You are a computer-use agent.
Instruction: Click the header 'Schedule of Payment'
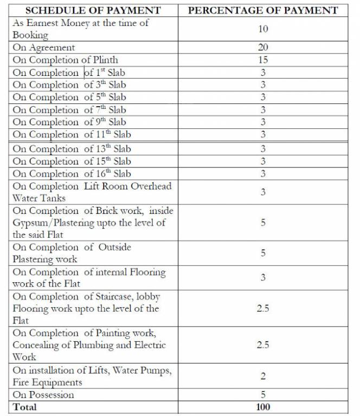(93, 10)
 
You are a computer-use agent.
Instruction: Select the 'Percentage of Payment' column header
(262, 10)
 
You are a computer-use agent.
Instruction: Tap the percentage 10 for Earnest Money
(263, 29)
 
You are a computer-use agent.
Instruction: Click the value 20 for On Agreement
(263, 48)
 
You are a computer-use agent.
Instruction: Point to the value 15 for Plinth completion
(263, 60)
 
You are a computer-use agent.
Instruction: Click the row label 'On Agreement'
(44, 48)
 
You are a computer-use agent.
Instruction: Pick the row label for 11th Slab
(72, 134)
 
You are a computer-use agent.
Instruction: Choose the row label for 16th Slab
(72, 174)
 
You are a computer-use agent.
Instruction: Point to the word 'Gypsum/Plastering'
(51, 223)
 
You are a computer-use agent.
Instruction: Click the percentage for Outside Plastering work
(263, 253)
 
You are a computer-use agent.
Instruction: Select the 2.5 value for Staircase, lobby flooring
(263, 308)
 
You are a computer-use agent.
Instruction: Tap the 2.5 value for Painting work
(263, 344)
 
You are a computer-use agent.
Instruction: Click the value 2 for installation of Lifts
(263, 376)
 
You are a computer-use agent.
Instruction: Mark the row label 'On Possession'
(43, 395)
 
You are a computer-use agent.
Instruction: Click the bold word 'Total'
(25, 407)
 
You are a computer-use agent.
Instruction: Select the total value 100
(263, 407)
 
